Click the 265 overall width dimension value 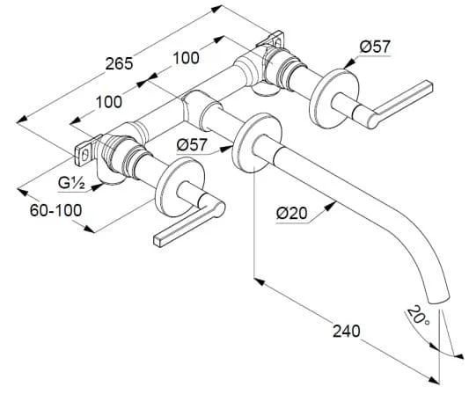[119, 63]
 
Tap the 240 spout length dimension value [347, 332]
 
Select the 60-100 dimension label [56, 210]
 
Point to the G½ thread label [71, 182]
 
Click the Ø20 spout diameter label [292, 214]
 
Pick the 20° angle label [418, 316]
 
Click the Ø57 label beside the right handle [375, 47]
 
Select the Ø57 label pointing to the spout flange [192, 145]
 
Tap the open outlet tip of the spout [440, 300]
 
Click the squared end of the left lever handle [158, 241]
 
